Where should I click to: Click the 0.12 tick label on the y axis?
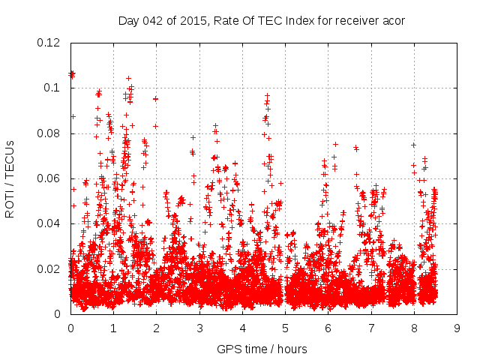pyautogui.click(x=50, y=43)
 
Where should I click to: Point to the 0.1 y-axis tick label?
pyautogui.click(x=53, y=88)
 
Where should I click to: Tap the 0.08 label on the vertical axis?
pyautogui.click(x=50, y=133)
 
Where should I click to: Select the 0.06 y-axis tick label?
pyautogui.click(x=50, y=178)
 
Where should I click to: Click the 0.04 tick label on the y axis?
pyautogui.click(x=50, y=223)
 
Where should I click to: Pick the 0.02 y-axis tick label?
pyautogui.click(x=50, y=268)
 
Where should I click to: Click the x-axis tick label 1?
pyautogui.click(x=113, y=328)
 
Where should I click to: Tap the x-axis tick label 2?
pyautogui.click(x=156, y=328)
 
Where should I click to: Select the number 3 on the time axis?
pyautogui.click(x=199, y=328)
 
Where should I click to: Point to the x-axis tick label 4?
pyautogui.click(x=242, y=328)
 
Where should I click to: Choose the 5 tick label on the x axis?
pyautogui.click(x=285, y=328)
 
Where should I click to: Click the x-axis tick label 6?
pyautogui.click(x=328, y=328)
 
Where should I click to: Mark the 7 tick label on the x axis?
pyautogui.click(x=371, y=328)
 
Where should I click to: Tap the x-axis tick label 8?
pyautogui.click(x=414, y=328)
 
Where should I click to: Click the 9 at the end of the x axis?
pyautogui.click(x=457, y=328)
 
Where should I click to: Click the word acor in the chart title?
pyautogui.click(x=393, y=20)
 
